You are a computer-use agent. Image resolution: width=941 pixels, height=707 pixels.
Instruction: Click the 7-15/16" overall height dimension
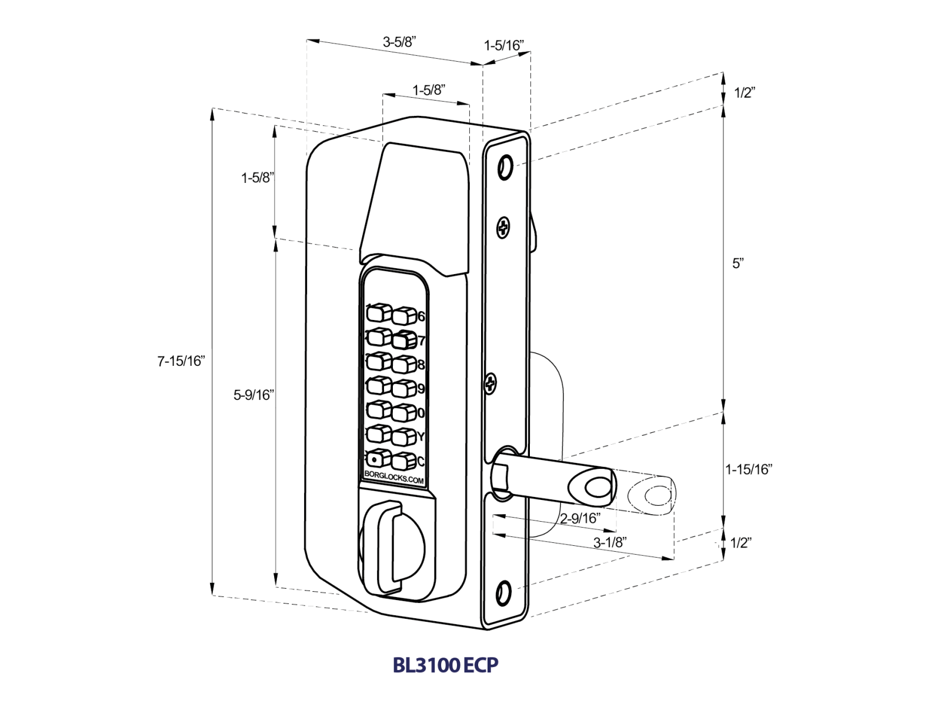(x=181, y=361)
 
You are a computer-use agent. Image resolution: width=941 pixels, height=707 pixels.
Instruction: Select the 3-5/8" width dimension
(x=399, y=42)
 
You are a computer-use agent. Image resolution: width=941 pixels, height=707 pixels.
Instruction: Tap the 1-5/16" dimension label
(x=503, y=46)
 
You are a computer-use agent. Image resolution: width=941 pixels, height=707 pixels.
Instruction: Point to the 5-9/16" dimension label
(x=253, y=395)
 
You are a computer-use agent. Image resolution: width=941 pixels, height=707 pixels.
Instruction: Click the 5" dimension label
(x=738, y=263)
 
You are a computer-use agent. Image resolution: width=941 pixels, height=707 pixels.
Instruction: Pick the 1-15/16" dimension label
(x=748, y=469)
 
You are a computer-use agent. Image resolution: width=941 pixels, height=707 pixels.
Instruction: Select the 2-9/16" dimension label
(x=579, y=518)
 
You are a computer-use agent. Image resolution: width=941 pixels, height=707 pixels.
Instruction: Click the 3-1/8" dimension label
(x=610, y=542)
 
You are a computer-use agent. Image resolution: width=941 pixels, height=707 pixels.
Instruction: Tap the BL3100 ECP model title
(x=445, y=665)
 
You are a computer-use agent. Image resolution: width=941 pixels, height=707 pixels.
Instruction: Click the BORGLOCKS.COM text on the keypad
(x=394, y=477)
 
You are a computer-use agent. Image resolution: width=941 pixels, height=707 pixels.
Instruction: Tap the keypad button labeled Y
(x=404, y=437)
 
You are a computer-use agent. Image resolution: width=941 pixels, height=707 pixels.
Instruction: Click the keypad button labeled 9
(x=404, y=389)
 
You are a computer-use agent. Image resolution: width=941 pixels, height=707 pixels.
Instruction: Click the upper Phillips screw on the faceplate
(x=503, y=228)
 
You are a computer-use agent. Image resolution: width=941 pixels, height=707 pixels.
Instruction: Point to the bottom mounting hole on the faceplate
(x=503, y=592)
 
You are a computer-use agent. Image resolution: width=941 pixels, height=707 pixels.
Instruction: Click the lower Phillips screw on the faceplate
(x=490, y=384)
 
